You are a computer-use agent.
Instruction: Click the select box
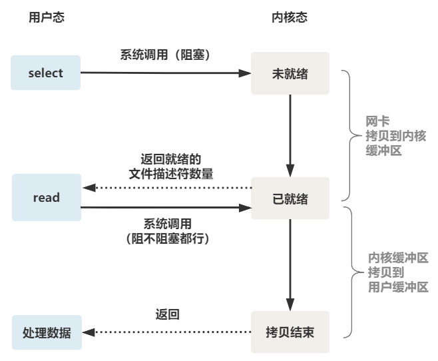coord(46,73)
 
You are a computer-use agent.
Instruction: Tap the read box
coord(47,198)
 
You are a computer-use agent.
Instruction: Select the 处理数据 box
coord(47,332)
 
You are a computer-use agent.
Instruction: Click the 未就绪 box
coord(290,73)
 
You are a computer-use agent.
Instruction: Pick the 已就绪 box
coord(290,198)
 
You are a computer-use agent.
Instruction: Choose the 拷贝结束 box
coord(290,332)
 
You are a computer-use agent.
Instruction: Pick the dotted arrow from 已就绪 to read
coord(166,188)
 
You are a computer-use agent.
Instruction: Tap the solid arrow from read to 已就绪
coord(166,208)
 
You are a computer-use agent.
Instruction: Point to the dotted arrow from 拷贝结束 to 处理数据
coord(166,332)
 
